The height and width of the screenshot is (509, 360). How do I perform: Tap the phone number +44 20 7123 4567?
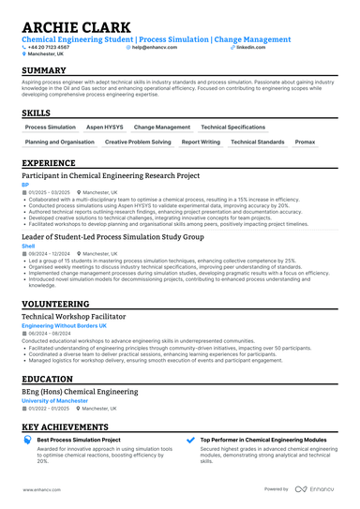[x=51, y=46]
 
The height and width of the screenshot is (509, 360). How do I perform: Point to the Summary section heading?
[x=44, y=71]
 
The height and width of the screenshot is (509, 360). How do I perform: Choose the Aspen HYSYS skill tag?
[x=105, y=127]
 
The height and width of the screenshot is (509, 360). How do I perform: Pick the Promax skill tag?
[x=305, y=142]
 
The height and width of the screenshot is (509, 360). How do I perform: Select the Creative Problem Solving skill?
[x=138, y=142]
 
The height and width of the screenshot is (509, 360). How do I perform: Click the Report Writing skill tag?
[x=201, y=142]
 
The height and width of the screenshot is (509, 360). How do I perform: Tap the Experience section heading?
[x=49, y=162]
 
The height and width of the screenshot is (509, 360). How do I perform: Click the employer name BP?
[x=25, y=186]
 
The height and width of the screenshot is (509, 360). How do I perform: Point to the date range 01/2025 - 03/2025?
[x=49, y=192]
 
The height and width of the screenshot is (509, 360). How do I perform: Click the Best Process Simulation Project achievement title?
[x=79, y=439]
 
